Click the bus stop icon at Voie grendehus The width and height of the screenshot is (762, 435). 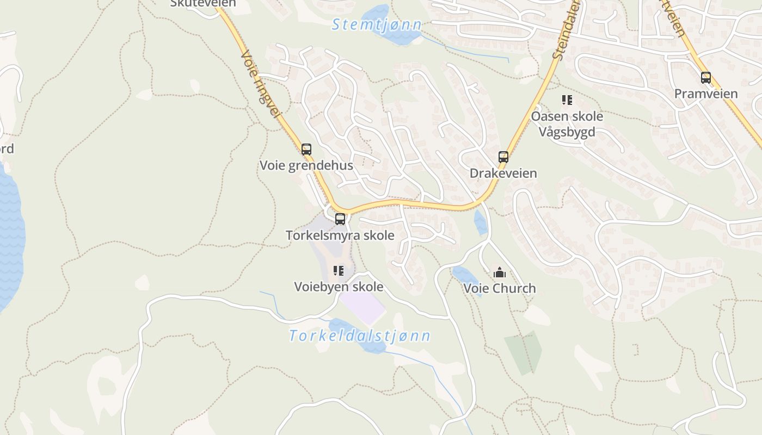(306, 149)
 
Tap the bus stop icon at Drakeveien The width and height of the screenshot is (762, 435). (503, 157)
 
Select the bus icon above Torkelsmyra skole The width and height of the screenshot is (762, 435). (340, 219)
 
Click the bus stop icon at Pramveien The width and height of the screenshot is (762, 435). (706, 78)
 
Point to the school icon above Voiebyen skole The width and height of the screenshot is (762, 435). (339, 270)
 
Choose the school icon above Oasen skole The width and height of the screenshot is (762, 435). (567, 100)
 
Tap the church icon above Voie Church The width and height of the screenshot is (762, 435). (499, 272)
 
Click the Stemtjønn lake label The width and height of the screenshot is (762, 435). (377, 24)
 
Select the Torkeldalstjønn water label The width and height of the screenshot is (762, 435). (360, 335)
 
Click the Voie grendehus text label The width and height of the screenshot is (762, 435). (306, 165)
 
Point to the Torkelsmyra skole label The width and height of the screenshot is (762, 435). (340, 235)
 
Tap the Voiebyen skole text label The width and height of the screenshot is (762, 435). (339, 287)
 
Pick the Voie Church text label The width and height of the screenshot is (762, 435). (500, 288)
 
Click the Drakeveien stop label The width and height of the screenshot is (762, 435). (503, 173)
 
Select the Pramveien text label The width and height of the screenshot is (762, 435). (706, 94)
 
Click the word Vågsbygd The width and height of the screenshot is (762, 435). (567, 132)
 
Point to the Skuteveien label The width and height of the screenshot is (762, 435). (203, 4)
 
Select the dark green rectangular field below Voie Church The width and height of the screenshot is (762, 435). (524, 352)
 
